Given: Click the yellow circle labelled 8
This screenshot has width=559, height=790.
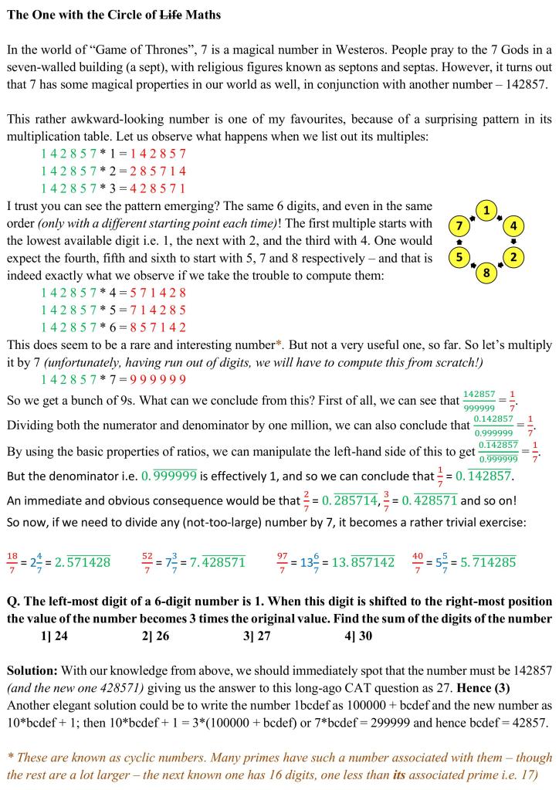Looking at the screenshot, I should [486, 273].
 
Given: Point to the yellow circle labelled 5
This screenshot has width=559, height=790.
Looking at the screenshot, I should [459, 256].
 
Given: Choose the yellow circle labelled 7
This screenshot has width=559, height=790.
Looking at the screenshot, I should [459, 226].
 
